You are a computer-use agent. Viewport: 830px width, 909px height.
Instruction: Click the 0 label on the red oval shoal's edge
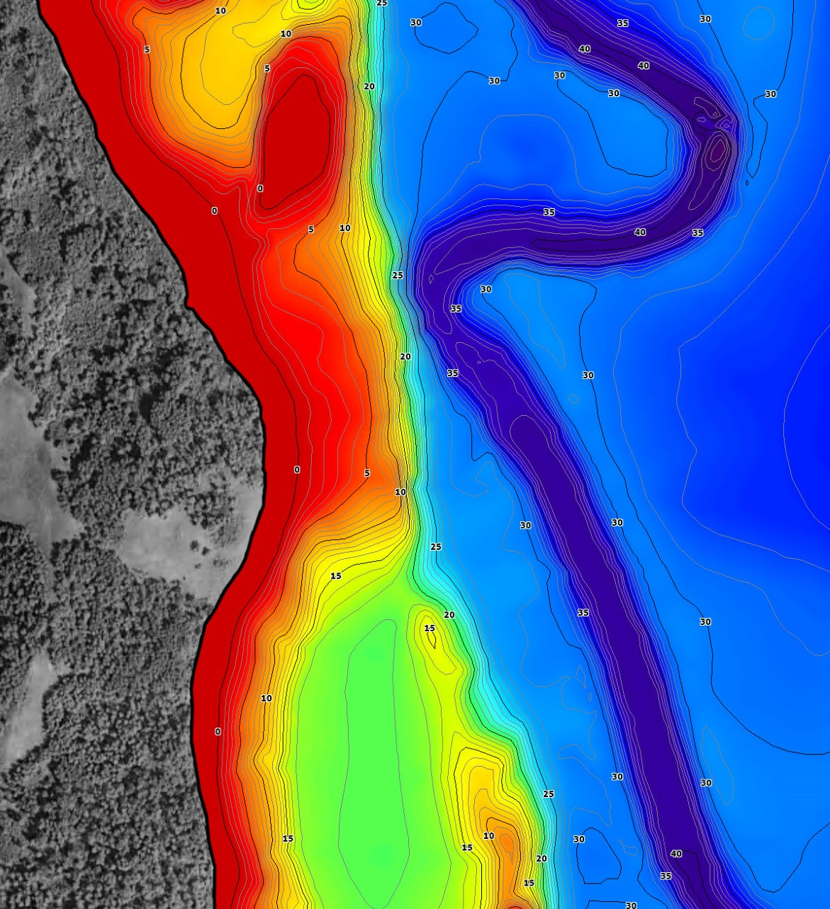pos(260,188)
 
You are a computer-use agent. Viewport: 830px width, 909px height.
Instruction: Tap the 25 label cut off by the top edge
pos(382,3)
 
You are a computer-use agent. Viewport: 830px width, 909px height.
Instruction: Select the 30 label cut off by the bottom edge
pos(631,905)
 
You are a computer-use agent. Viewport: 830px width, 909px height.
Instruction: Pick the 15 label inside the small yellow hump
pos(430,628)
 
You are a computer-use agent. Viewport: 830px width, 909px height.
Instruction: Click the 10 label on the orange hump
pos(489,836)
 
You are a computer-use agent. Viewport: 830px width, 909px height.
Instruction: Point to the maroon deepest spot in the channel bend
pos(717,149)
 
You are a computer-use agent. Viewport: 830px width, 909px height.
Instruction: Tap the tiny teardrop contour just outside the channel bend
pos(747,183)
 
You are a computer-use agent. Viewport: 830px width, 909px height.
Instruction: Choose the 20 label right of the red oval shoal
pos(369,86)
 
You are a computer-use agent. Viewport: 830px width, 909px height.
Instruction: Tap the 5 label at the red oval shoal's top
pos(267,69)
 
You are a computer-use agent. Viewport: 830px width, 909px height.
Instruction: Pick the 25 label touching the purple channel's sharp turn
pos(398,275)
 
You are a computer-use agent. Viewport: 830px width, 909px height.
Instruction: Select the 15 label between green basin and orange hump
pos(467,847)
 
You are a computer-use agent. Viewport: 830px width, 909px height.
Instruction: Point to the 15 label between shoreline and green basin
pos(288,839)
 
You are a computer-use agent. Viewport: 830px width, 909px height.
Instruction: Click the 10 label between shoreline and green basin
pos(267,699)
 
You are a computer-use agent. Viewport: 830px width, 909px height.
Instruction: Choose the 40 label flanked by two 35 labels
pos(640,232)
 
